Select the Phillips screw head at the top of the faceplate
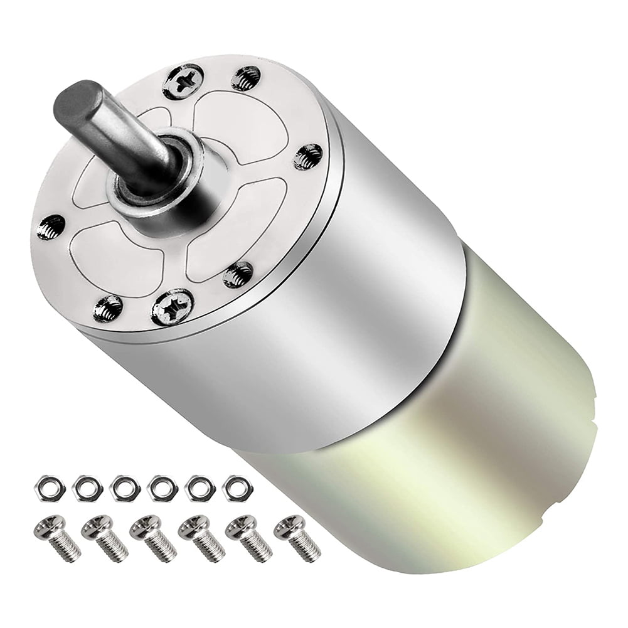(183, 82)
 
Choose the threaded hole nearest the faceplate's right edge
(307, 155)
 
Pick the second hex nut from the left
(84, 486)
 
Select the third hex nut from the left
(122, 486)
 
